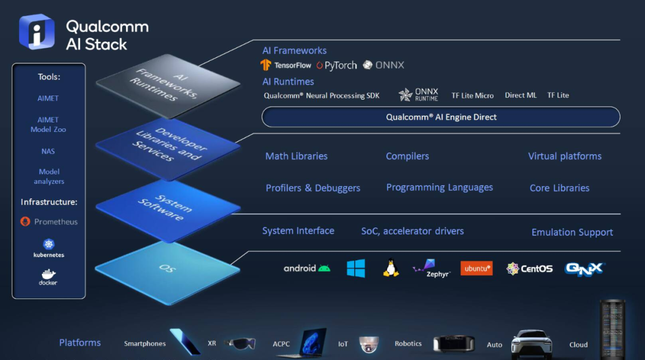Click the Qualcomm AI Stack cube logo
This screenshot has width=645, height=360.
click(x=36, y=32)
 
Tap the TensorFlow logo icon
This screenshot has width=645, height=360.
click(x=266, y=65)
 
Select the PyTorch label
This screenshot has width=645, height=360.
click(x=340, y=66)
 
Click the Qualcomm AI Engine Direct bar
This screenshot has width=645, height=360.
click(x=441, y=117)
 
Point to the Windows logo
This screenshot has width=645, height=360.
click(x=356, y=268)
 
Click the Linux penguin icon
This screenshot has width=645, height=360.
click(x=391, y=268)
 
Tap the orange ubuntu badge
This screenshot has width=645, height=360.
click(x=477, y=268)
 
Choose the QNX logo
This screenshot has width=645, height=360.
click(x=585, y=269)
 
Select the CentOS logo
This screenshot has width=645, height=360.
click(x=529, y=269)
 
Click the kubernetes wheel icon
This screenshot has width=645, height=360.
click(x=49, y=244)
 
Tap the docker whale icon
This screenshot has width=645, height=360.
click(x=48, y=273)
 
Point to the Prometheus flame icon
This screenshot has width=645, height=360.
click(x=25, y=221)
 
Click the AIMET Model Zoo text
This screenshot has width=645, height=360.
click(x=48, y=125)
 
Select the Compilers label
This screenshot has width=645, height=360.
click(x=407, y=156)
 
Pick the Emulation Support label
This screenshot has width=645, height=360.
click(x=572, y=232)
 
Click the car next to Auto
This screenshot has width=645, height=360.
click(x=532, y=344)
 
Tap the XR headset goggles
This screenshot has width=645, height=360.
click(x=240, y=343)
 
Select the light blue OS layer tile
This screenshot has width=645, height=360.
click(x=167, y=272)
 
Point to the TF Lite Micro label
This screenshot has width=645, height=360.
click(x=472, y=96)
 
